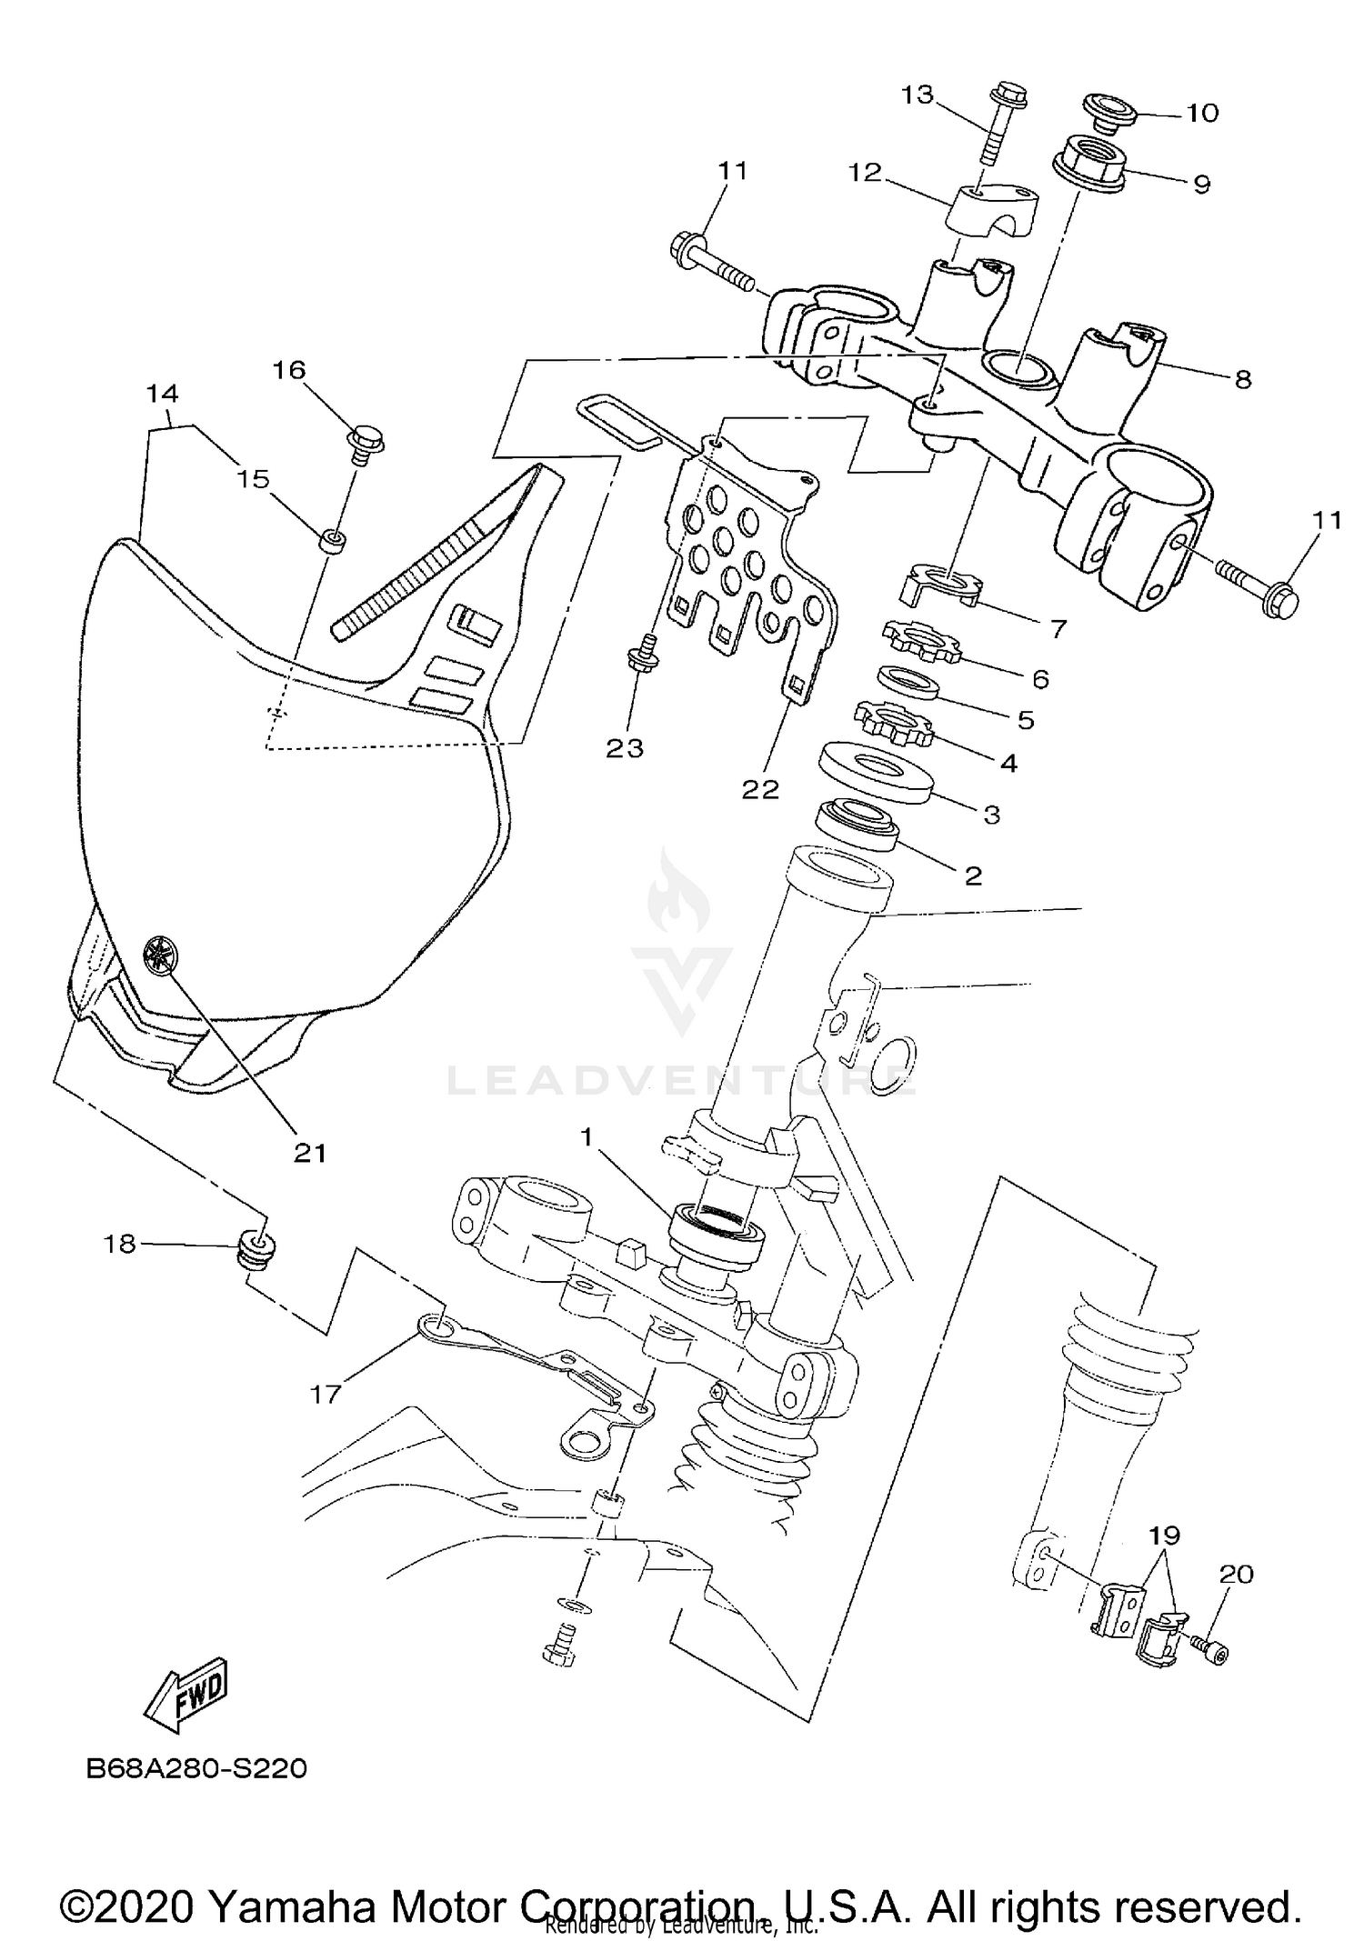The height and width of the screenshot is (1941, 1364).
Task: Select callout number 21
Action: coord(309,1153)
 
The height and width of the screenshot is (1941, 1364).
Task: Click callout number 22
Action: coord(760,789)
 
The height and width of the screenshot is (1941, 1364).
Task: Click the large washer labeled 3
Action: coord(876,773)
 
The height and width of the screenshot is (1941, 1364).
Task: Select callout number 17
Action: coord(325,1393)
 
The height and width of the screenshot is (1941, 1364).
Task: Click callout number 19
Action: coord(1164,1535)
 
